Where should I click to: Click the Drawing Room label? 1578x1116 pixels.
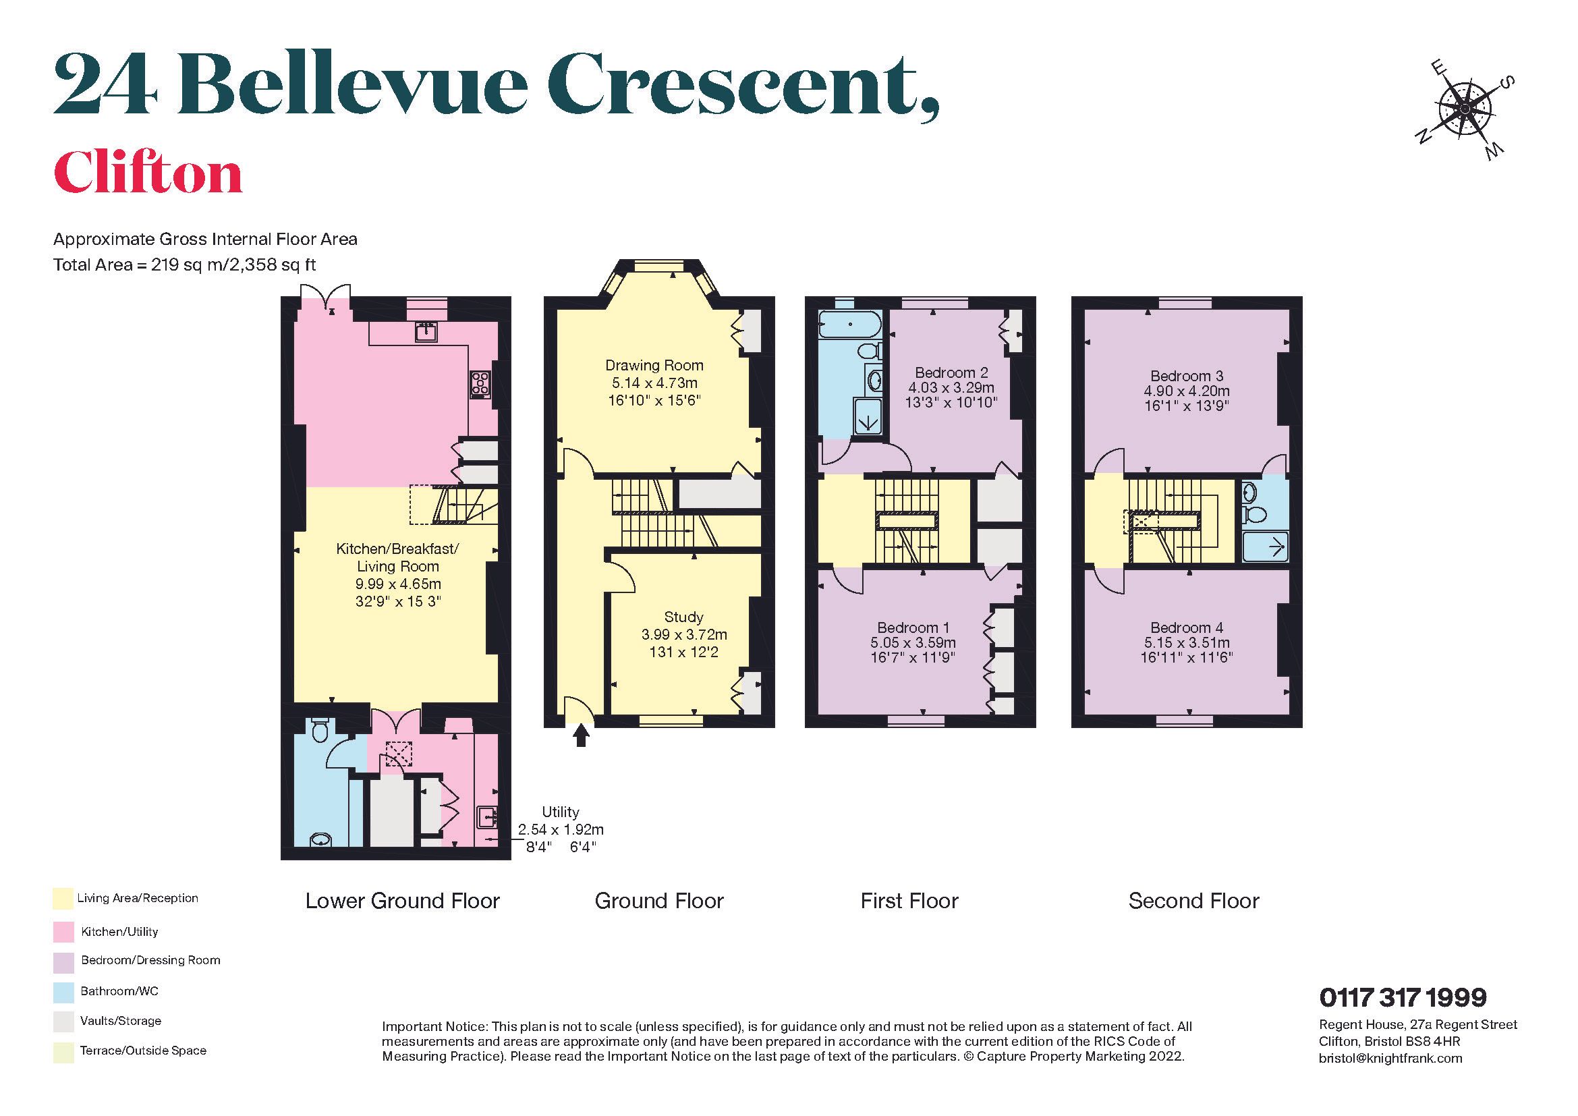(654, 365)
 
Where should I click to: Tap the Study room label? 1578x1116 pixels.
(683, 617)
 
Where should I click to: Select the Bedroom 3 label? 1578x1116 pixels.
(1186, 375)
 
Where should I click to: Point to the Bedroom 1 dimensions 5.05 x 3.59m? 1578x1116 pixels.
(913, 642)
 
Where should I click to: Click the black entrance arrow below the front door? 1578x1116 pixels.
(582, 737)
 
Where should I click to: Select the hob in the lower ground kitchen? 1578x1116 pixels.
(480, 384)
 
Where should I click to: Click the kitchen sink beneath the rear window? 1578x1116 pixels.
(427, 333)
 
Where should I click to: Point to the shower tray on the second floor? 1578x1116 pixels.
(1265, 548)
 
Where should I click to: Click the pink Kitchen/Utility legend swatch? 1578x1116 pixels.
(63, 932)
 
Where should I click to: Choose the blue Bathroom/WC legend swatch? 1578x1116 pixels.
(63, 992)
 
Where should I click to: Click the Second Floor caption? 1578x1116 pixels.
(1193, 901)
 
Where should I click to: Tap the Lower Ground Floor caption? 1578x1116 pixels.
(402, 901)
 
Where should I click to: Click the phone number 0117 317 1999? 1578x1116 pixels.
(1403, 997)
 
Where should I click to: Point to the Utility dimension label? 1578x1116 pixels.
(560, 829)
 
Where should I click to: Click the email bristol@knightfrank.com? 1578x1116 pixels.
(1390, 1058)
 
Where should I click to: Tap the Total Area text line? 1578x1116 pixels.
(184, 264)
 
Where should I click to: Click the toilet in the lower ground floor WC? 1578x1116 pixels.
(320, 731)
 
